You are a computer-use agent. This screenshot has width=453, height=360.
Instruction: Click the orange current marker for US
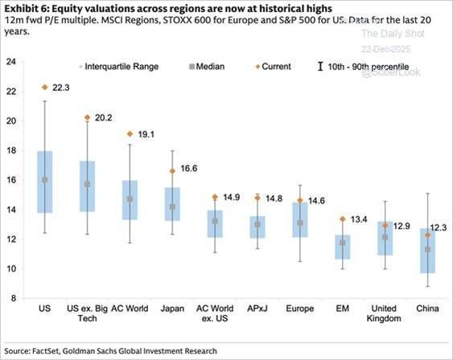point(45,87)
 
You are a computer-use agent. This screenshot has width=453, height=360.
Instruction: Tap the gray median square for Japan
point(172,207)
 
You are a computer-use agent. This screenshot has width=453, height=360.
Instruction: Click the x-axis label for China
point(427,308)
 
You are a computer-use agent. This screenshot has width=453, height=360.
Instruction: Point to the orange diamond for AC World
point(130,134)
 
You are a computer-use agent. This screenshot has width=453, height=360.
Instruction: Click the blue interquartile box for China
point(427,251)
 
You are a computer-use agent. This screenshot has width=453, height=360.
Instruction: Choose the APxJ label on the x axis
point(257,308)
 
